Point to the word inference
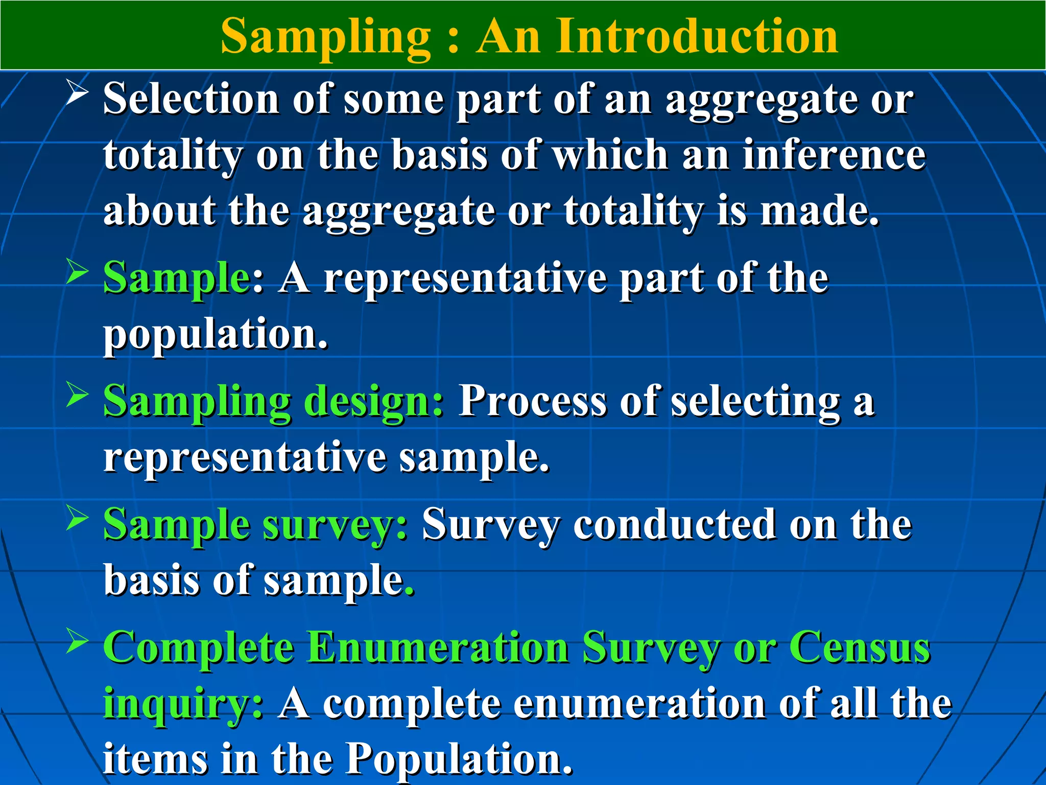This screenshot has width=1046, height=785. [834, 155]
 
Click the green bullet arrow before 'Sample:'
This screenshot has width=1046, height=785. [78, 271]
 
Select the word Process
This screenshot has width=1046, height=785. [533, 401]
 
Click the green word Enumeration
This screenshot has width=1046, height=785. [439, 648]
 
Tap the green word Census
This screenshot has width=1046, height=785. [860, 648]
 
